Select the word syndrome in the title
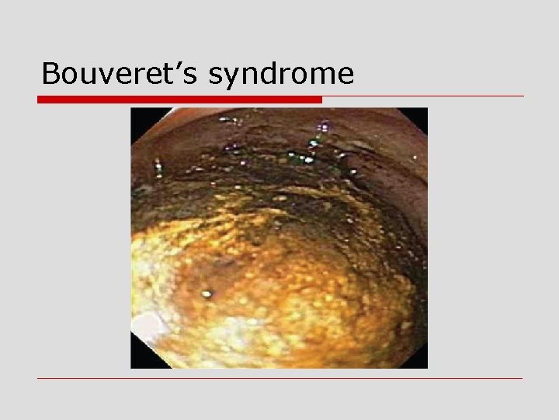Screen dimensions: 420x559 click(x=281, y=75)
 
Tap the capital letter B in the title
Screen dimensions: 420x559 click(x=51, y=74)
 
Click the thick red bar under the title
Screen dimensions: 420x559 click(x=179, y=100)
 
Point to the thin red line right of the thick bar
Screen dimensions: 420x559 click(x=423, y=96)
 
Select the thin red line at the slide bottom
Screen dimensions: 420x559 click(x=280, y=379)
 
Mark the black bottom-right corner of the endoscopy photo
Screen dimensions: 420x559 click(x=421, y=362)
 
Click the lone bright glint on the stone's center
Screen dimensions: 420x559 click(x=207, y=294)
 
